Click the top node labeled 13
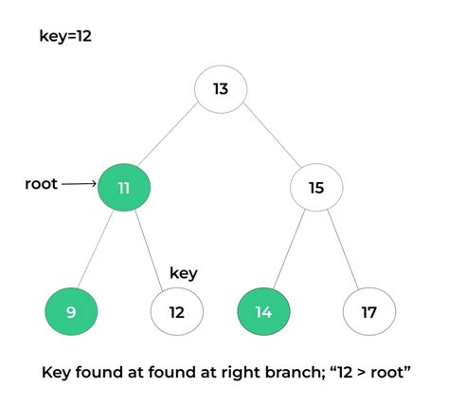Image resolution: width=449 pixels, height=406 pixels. point(221,89)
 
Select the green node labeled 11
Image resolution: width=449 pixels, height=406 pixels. point(124,187)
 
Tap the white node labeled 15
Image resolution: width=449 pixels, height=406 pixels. point(317,188)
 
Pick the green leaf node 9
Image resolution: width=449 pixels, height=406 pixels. point(72,311)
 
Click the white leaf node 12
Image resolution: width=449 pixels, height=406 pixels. point(177,311)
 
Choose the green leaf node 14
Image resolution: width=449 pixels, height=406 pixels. point(264,311)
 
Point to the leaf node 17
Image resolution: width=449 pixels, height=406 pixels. point(369,311)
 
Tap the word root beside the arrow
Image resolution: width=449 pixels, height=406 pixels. point(42,184)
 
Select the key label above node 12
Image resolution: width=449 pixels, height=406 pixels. point(183,273)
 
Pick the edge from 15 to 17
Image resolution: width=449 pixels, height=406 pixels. point(343,249)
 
